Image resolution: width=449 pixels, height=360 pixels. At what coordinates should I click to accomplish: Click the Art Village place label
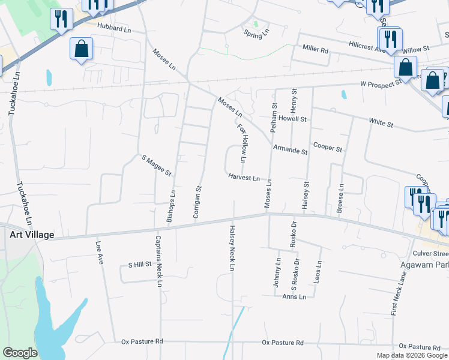point(32,235)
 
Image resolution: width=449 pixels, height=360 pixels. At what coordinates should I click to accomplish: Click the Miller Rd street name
point(315,49)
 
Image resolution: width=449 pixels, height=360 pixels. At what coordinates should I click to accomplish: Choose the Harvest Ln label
point(244,178)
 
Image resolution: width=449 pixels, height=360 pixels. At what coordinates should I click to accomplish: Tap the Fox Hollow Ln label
point(242,144)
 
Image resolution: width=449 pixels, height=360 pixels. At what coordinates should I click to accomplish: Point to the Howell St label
point(292,119)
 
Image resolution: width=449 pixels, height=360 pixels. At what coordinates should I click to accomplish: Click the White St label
point(381,124)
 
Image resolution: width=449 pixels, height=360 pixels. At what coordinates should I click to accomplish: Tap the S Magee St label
point(157,166)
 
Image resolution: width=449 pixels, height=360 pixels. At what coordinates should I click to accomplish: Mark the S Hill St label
point(139,265)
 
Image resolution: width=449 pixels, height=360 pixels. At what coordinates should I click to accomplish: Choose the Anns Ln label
point(294,297)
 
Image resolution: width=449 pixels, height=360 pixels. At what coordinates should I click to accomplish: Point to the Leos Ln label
point(318,272)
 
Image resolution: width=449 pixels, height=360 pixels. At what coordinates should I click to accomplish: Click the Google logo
point(20,353)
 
